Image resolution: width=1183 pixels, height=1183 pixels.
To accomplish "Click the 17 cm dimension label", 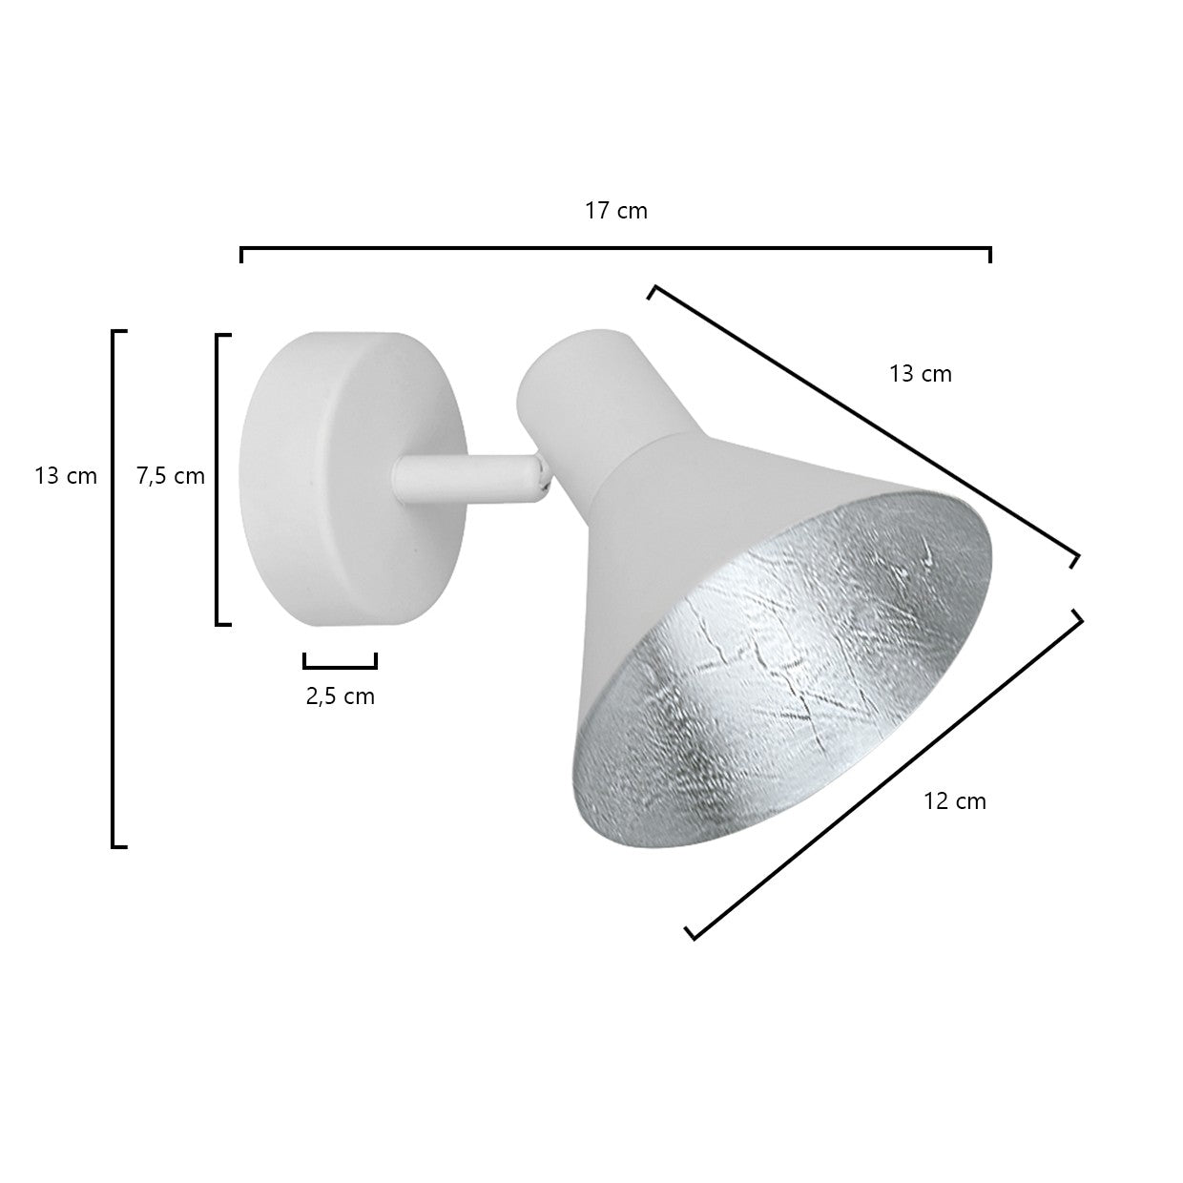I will click(x=616, y=211).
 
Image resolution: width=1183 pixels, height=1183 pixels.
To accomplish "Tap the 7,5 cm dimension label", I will click(x=171, y=476).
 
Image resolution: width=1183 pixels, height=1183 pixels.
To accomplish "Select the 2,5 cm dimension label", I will click(x=341, y=696).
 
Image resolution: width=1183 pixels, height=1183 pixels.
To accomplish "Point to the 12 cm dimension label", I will click(x=955, y=801).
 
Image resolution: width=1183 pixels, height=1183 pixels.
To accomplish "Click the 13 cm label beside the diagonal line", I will click(x=921, y=374).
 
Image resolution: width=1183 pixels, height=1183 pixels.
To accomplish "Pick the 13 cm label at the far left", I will click(x=66, y=476).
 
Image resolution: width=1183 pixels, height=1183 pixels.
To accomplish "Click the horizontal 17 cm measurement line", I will click(x=615, y=249).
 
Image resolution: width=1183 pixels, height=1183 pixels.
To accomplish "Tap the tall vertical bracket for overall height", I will click(x=114, y=589).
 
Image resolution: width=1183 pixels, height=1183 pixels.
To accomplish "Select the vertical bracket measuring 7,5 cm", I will click(x=218, y=480).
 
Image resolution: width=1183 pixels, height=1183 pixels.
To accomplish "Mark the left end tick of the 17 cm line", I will click(x=242, y=255).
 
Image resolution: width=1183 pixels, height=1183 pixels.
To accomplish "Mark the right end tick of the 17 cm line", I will click(x=990, y=255).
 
